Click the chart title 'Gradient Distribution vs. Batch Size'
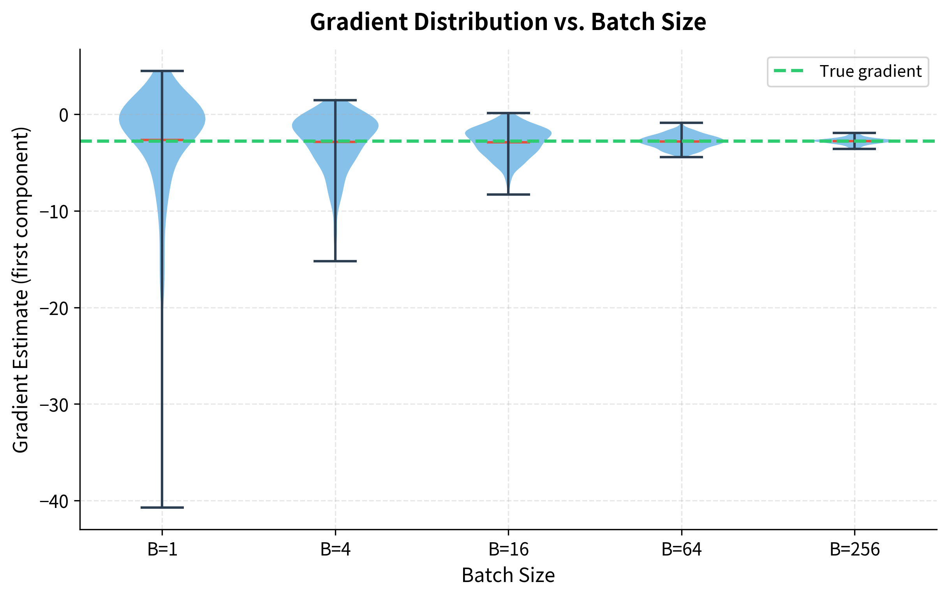tap(508, 22)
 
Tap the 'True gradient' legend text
tap(870, 71)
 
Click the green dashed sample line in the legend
tap(789, 71)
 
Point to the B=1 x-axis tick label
tap(162, 549)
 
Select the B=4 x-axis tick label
tap(335, 549)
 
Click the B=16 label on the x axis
tap(508, 549)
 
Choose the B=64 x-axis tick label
tap(682, 549)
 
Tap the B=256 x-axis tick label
tap(854, 549)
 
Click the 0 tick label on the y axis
tap(63, 115)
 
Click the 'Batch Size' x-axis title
tap(508, 575)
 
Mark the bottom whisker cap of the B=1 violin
tap(162, 508)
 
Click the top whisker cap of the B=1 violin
tap(162, 71)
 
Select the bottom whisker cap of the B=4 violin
tap(335, 261)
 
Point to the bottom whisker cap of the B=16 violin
tap(508, 195)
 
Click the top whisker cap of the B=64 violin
tap(682, 122)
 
